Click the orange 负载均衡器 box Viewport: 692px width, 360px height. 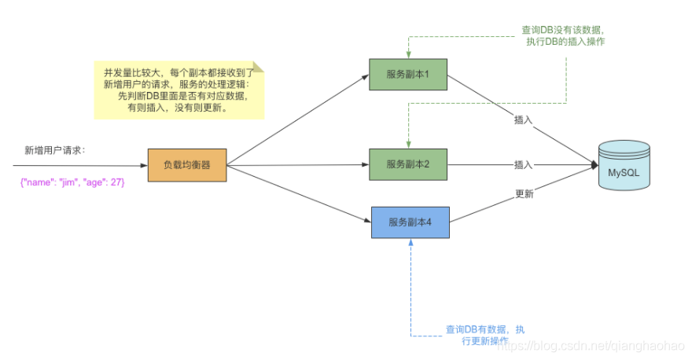click(187, 165)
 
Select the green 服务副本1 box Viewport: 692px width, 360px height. click(407, 75)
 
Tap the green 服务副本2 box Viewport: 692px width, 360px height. click(407, 165)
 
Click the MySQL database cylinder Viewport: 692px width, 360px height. click(624, 166)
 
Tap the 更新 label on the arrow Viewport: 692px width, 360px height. click(525, 194)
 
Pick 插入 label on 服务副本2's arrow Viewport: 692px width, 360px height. click(524, 165)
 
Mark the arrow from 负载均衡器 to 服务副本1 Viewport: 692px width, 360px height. click(299, 119)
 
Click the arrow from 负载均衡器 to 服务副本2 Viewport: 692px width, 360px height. click(299, 165)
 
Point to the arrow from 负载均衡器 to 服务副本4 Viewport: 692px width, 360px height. click(299, 194)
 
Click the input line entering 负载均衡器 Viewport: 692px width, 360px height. click(79, 166)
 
